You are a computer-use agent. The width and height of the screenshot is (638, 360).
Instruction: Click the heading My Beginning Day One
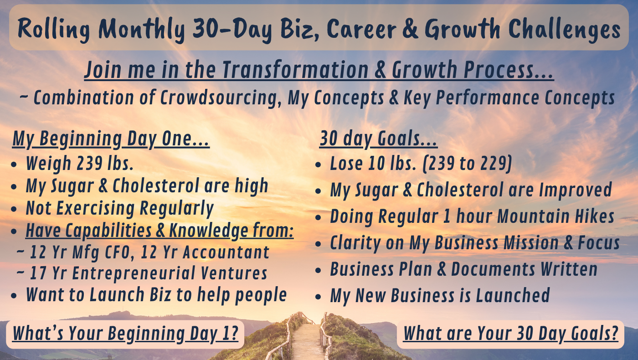pos(111,139)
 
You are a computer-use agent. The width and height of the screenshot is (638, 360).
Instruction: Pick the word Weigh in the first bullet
pos(48,163)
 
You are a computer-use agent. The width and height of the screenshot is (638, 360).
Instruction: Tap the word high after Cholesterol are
pos(252,185)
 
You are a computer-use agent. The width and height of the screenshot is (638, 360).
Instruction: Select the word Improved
pos(575,190)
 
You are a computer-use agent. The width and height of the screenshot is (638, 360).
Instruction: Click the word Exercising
pos(95,208)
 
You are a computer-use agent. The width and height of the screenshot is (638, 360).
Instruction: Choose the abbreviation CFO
pos(118,252)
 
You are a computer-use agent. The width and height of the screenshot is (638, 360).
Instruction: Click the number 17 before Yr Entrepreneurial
pos(38,273)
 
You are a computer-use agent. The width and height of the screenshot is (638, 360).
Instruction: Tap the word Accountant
pos(226,252)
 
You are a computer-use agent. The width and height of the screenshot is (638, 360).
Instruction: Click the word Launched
pos(513,295)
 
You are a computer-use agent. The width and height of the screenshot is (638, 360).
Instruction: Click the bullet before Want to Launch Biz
pos(14,296)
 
